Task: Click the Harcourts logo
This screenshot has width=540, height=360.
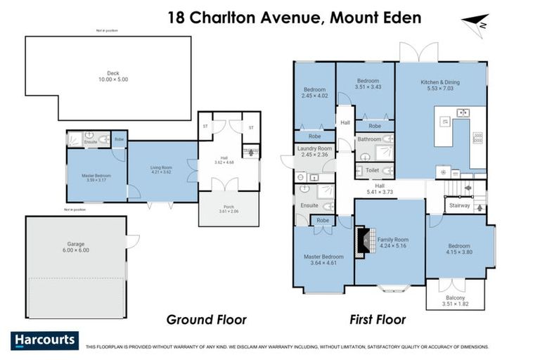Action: coord(45,340)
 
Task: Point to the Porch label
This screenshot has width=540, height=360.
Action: coord(229,207)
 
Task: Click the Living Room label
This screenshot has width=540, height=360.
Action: coord(161,169)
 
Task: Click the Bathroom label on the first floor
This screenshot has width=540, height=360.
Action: coord(369,139)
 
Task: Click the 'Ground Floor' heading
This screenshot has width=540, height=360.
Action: coord(206,320)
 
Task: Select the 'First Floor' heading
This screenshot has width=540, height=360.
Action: coord(378,320)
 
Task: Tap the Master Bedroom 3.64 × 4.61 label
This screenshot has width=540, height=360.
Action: coord(323,259)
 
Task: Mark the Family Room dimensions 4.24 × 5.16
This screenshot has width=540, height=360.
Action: coord(393,246)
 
